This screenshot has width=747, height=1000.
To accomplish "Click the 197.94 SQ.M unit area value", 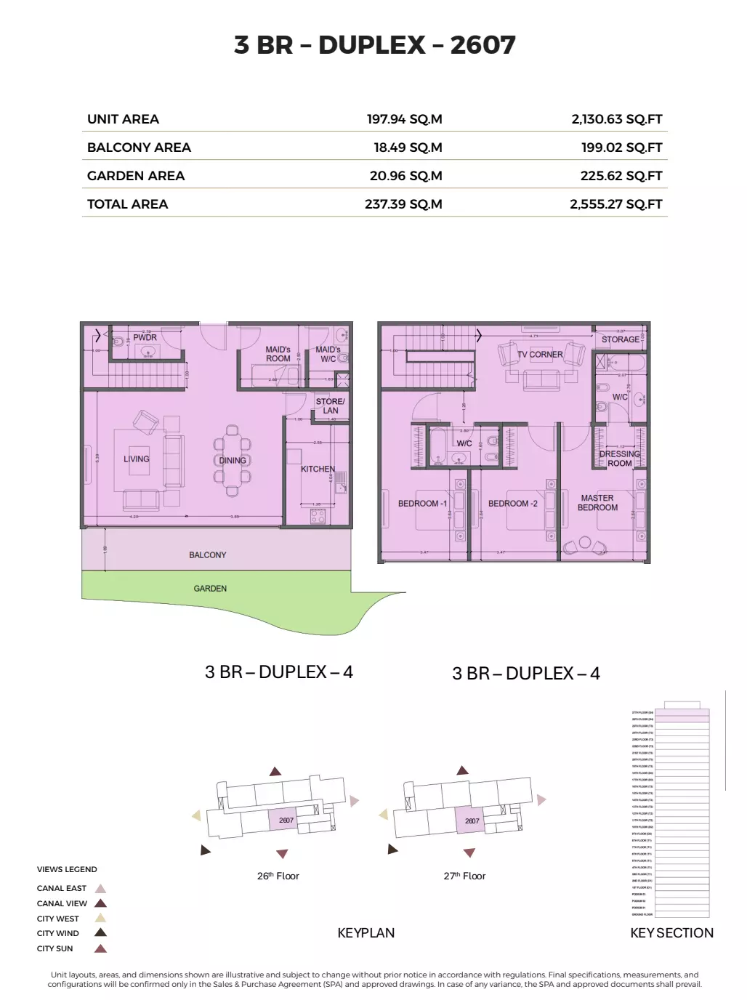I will click(404, 119).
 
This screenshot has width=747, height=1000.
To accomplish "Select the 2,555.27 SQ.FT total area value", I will click(615, 204).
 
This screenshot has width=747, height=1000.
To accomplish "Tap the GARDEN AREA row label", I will click(136, 176).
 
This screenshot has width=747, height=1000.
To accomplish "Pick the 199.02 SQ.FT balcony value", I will click(621, 148).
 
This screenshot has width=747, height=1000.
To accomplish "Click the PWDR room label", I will click(145, 337).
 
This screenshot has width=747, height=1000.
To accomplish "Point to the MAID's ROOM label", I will click(278, 354).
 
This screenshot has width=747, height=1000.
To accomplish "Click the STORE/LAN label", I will click(330, 406).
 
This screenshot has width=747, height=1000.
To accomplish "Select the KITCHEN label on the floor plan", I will click(318, 469).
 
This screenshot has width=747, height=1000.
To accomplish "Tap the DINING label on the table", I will click(233, 460).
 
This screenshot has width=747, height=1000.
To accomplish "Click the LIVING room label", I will click(136, 459).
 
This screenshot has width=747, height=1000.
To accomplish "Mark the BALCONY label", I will click(207, 555).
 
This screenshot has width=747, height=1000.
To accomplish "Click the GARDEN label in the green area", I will click(210, 589).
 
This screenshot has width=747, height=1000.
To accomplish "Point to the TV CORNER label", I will click(540, 355).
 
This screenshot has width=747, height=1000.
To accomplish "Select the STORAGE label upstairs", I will click(621, 339).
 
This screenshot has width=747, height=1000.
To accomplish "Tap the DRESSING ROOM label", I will click(619, 459).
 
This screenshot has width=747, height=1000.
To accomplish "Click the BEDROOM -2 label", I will click(512, 504).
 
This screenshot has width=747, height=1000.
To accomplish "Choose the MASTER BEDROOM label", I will click(597, 503).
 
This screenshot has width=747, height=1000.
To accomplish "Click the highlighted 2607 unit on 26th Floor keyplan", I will click(286, 820).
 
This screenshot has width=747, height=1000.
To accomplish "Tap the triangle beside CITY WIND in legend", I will click(101, 933).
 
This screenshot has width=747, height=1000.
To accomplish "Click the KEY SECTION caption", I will click(671, 933).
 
